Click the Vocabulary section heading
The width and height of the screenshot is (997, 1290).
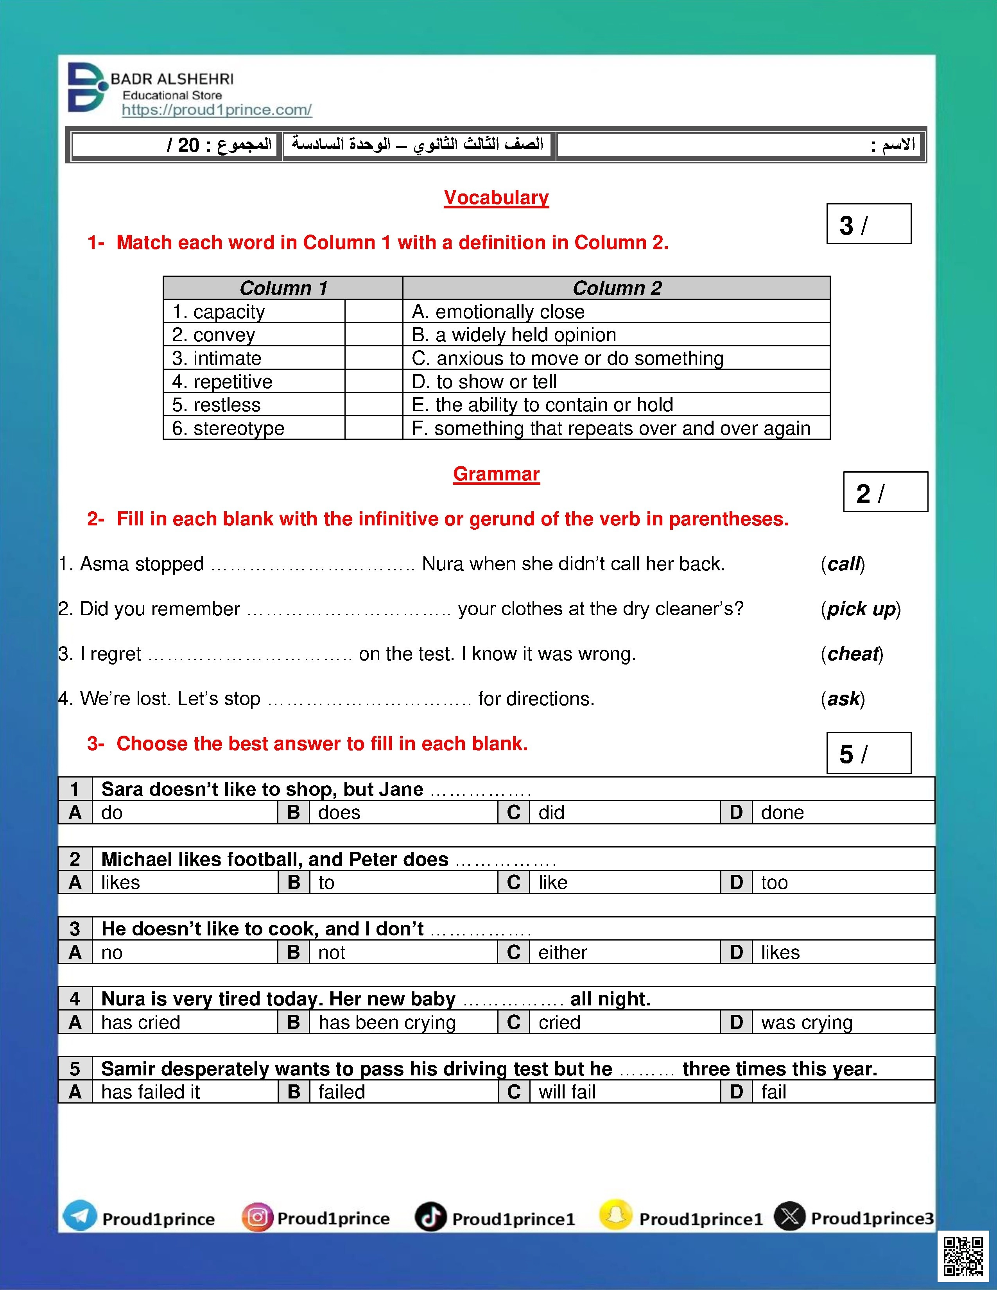pos(496,197)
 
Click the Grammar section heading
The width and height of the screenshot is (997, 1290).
pos(496,474)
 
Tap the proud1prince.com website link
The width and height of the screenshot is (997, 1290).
pos(216,110)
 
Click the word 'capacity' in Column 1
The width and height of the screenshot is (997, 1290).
pos(229,311)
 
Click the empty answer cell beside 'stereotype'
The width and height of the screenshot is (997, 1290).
pos(373,428)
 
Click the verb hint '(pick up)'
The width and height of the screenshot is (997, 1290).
pos(861,609)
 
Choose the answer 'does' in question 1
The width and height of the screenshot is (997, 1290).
pos(339,813)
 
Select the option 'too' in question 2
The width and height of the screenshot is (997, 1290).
pos(774,882)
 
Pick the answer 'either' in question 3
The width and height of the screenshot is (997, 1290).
pos(562,952)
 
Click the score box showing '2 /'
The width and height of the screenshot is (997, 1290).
pos(885,491)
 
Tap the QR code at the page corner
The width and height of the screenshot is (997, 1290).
pos(963,1256)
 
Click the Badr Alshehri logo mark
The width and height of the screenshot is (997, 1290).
pos(87,88)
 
